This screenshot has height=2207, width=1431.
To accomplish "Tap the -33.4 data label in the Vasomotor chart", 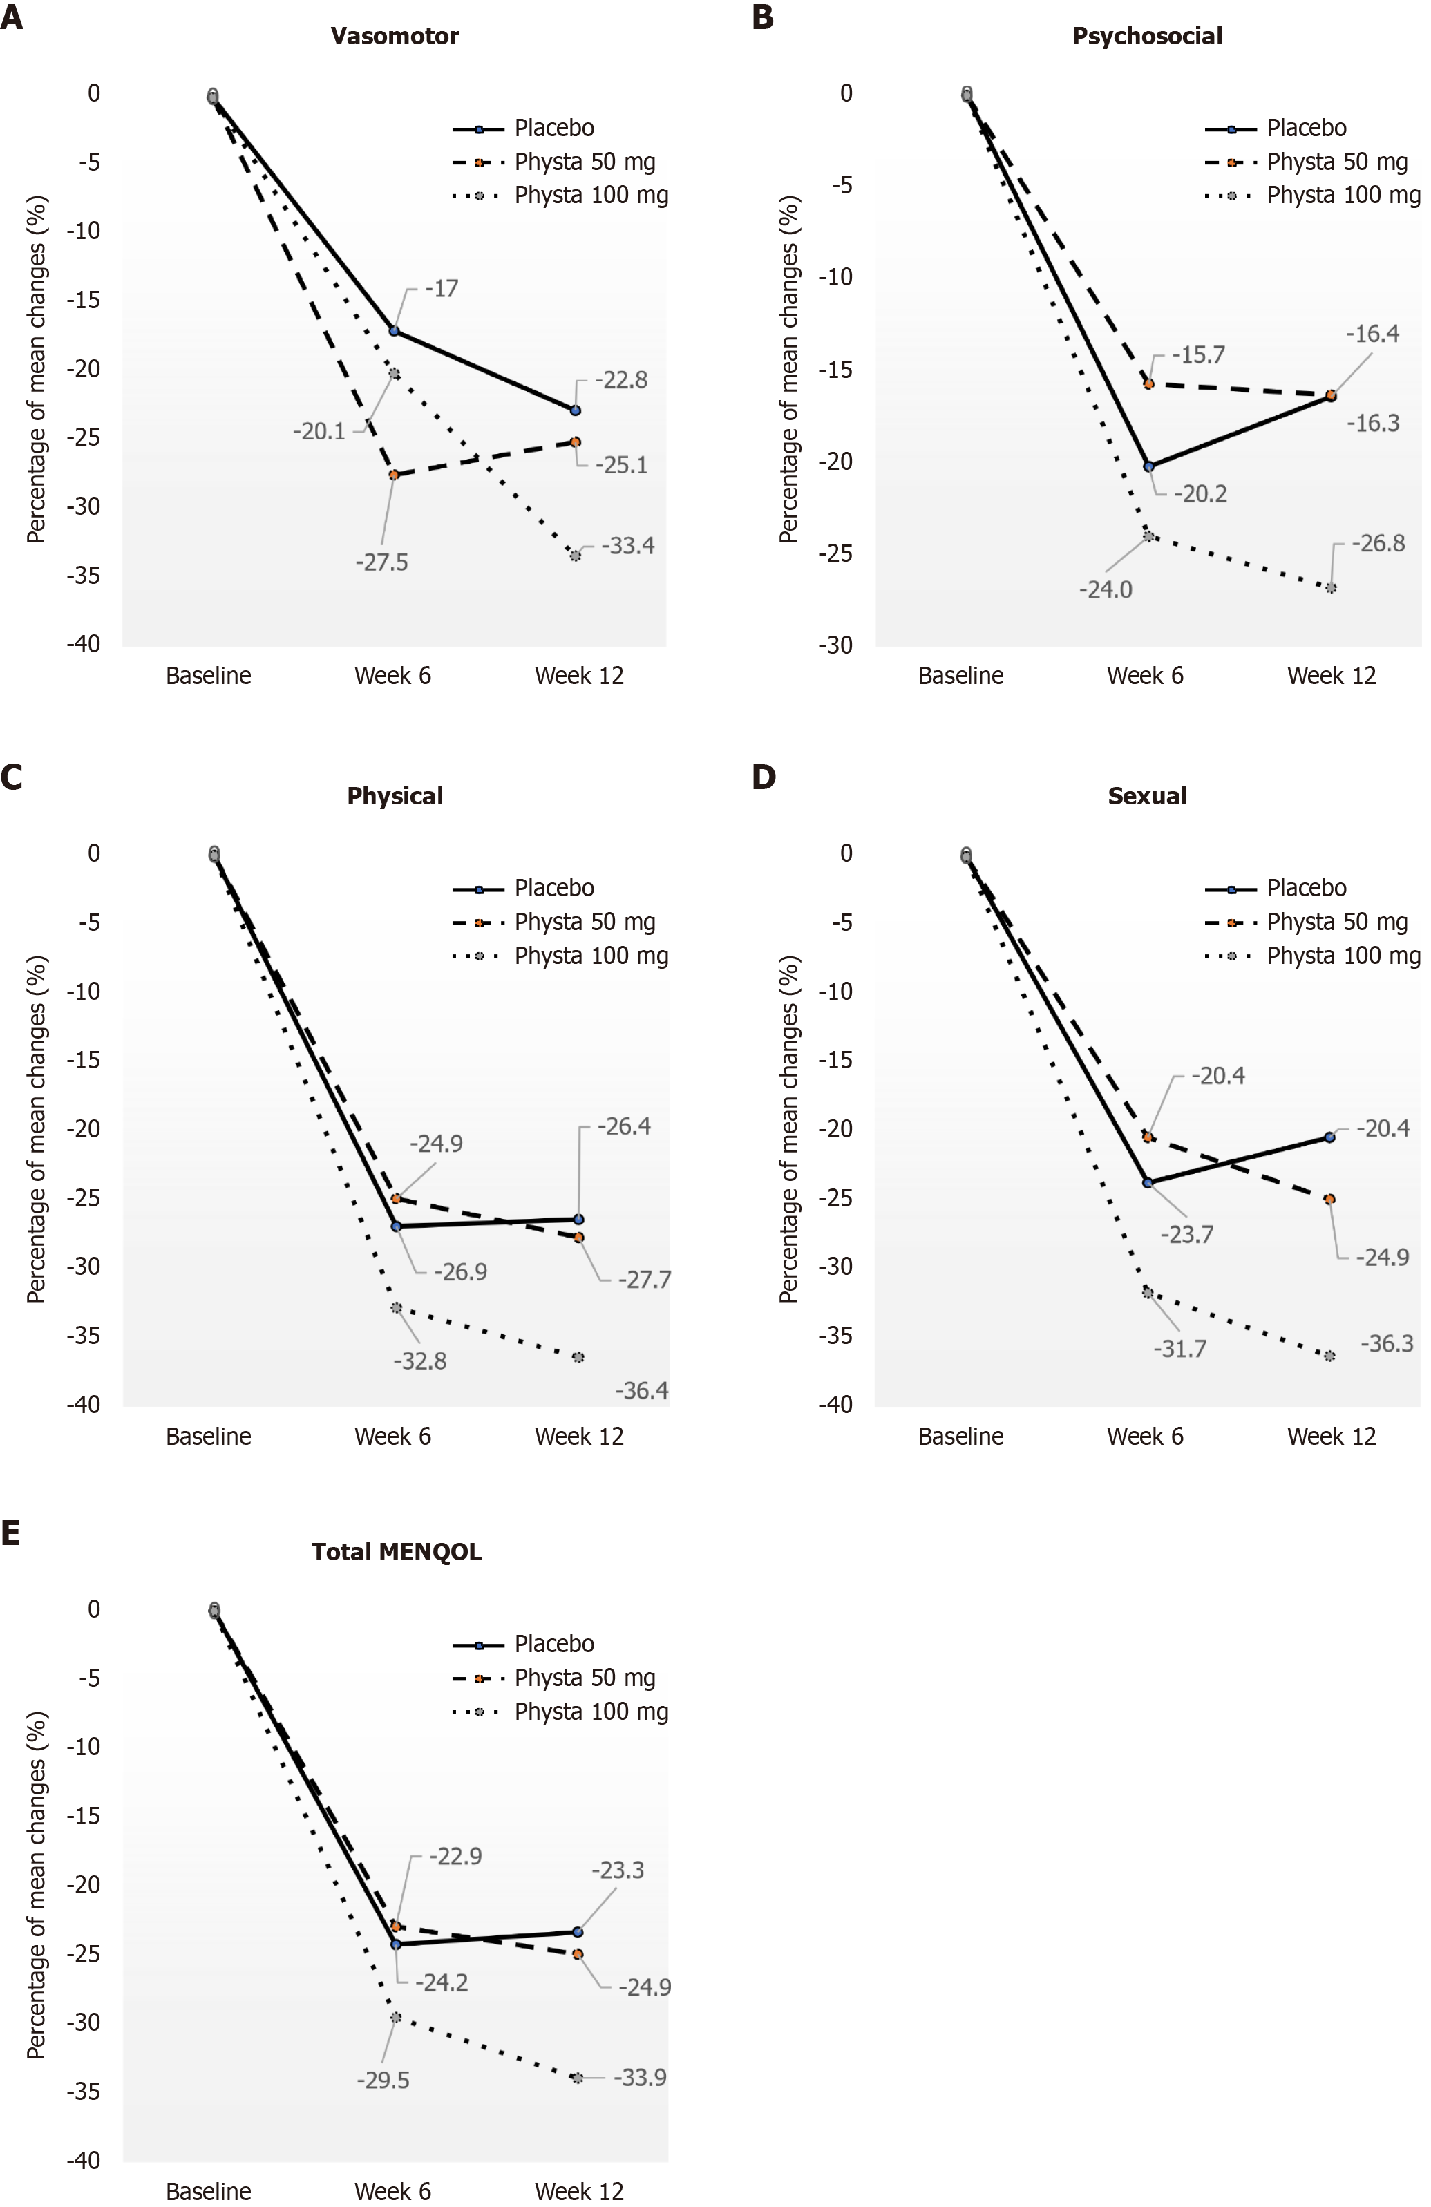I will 628,545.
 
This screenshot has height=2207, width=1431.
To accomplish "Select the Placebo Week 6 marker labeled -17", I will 394,331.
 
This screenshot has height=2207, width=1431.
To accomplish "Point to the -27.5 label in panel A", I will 381,562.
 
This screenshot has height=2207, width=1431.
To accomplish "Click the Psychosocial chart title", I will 1147,36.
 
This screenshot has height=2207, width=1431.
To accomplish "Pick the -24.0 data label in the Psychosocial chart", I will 1106,590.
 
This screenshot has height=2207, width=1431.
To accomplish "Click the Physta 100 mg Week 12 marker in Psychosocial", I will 1331,588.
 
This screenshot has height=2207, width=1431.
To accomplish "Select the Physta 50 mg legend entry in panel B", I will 1336,162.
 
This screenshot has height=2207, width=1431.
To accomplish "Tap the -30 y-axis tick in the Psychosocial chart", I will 835,645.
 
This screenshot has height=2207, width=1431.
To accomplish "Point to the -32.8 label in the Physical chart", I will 420,1361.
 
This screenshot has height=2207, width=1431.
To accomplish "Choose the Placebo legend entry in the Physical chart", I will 553,889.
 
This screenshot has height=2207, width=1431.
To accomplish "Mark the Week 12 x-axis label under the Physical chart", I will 579,1437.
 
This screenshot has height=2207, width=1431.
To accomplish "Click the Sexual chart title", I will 1147,797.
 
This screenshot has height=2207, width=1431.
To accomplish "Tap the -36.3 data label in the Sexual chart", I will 1387,1344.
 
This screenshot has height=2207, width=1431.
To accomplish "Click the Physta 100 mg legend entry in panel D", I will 1343,956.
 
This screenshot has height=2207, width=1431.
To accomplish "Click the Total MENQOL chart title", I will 396,1553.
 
